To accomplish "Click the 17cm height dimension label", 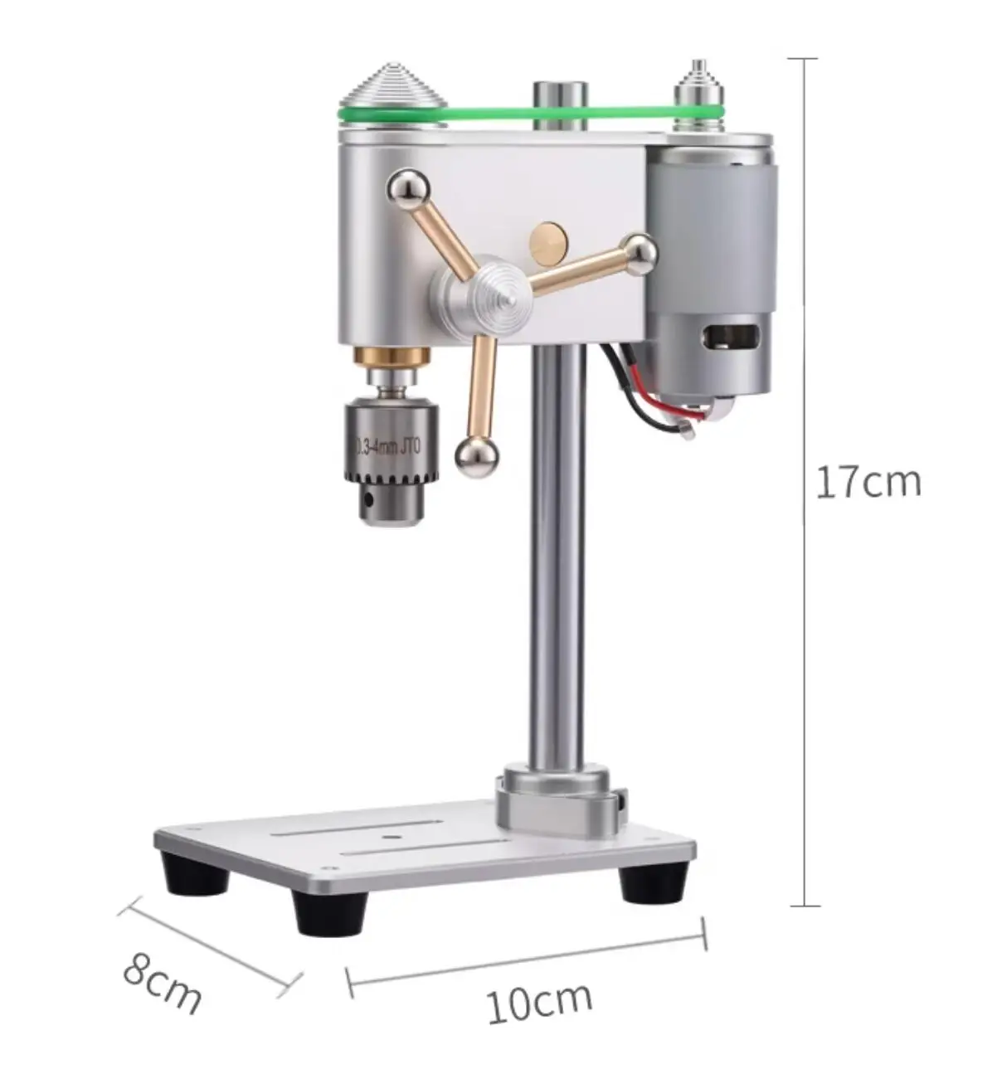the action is (867, 483).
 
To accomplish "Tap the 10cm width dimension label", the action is (538, 1000).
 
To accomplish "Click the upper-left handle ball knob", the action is (408, 190).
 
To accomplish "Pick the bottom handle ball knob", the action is (476, 458).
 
